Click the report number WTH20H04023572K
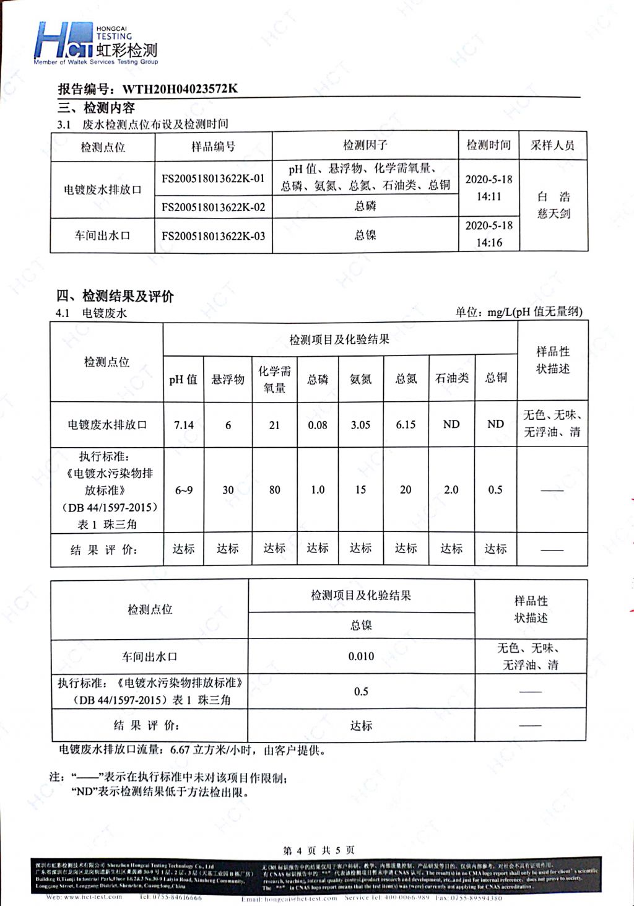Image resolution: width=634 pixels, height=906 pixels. click(180, 89)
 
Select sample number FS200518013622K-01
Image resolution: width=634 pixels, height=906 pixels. click(213, 178)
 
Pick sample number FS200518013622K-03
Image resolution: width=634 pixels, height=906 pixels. click(213, 236)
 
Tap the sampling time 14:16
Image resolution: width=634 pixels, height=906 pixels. click(489, 243)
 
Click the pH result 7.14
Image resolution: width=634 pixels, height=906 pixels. click(184, 425)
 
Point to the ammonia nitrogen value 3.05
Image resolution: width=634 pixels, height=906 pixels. click(360, 425)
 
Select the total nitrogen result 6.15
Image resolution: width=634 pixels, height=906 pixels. click(406, 425)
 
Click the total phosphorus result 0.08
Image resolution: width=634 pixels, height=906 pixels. click(318, 425)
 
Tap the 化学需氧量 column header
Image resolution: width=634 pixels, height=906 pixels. click(274, 379)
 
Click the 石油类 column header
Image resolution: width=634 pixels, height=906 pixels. click(451, 378)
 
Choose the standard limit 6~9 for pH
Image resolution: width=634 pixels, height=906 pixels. click(184, 490)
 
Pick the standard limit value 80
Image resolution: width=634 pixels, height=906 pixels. click(274, 490)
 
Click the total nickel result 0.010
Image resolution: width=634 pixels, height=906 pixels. click(361, 656)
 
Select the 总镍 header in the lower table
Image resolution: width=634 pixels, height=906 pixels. click(361, 625)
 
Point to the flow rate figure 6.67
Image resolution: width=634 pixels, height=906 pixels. click(180, 750)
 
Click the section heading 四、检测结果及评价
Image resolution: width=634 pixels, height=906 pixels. click(115, 296)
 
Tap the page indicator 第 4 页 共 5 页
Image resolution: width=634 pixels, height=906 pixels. click(318, 850)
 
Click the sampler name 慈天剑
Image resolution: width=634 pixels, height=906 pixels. click(554, 214)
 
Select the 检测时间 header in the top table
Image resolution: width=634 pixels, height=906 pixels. click(489, 145)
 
